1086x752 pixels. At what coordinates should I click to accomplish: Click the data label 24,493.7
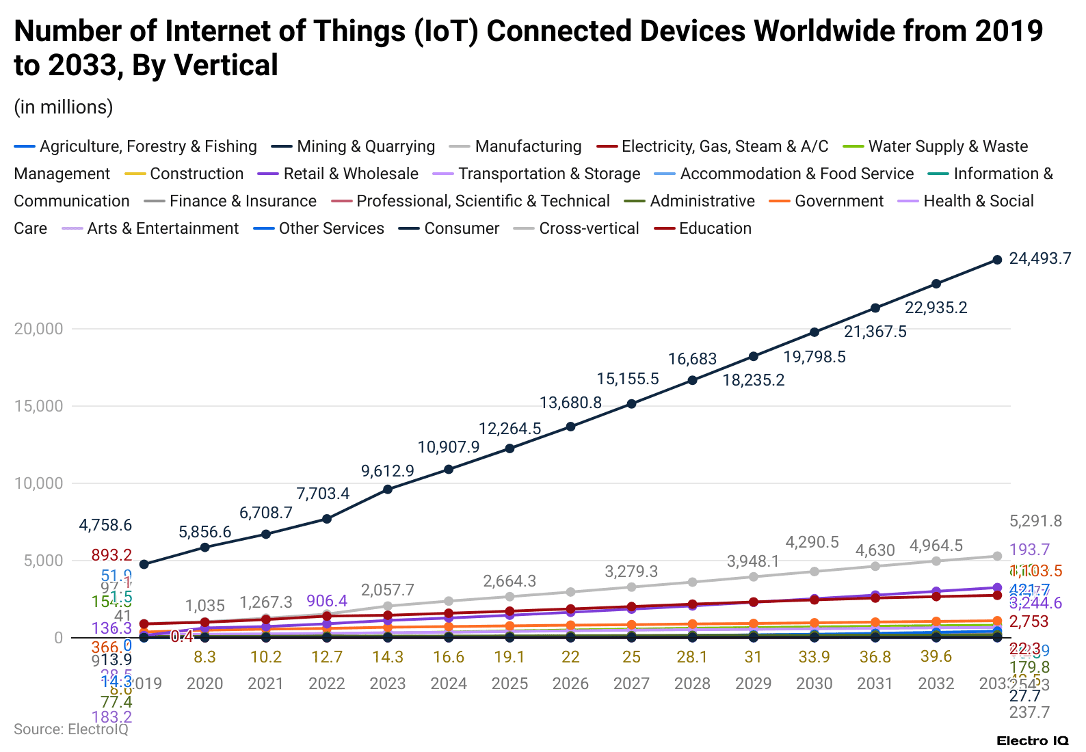pyautogui.click(x=1039, y=258)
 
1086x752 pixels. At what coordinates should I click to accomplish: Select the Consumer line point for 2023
pyautogui.click(x=388, y=489)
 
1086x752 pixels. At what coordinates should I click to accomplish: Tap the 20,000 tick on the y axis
pyautogui.click(x=38, y=329)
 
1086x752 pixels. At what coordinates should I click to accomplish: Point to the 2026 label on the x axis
pyautogui.click(x=570, y=684)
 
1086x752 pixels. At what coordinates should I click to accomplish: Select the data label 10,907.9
pyautogui.click(x=449, y=447)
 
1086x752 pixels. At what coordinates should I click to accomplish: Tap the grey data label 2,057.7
pyautogui.click(x=388, y=590)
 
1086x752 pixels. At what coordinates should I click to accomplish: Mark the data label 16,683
pyautogui.click(x=692, y=359)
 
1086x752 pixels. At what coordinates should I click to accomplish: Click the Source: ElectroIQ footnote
pyautogui.click(x=71, y=729)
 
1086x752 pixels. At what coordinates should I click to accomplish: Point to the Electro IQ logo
pyautogui.click(x=1032, y=741)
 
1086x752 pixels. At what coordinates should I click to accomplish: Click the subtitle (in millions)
pyautogui.click(x=64, y=107)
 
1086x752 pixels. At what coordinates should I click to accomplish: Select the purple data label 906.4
pyautogui.click(x=327, y=601)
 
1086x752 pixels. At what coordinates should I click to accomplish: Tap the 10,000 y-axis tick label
pyautogui.click(x=38, y=483)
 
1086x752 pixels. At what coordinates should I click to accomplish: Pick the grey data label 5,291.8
pyautogui.click(x=1035, y=522)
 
